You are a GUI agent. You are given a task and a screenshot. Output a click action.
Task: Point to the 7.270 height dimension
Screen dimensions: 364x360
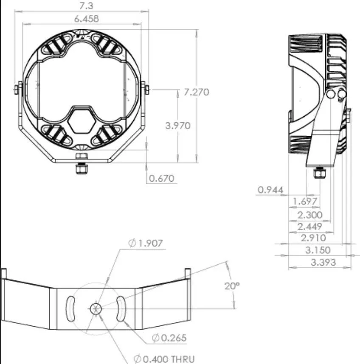click(194, 92)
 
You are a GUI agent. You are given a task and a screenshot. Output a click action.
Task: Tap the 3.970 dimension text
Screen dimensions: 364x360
click(178, 126)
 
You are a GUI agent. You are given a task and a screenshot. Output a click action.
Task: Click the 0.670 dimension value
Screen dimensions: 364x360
click(162, 179)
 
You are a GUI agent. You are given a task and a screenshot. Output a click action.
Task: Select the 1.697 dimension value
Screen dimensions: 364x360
click(305, 201)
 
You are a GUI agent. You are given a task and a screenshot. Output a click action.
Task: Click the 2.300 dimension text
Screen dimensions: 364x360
click(310, 215)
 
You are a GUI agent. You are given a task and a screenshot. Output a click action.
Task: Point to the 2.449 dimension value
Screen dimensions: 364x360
click(310, 226)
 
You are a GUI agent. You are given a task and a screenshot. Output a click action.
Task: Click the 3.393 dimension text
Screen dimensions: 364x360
click(323, 262)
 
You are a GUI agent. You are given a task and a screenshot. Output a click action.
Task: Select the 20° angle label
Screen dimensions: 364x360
click(232, 286)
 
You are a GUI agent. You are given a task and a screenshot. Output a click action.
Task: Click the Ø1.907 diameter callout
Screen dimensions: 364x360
click(146, 243)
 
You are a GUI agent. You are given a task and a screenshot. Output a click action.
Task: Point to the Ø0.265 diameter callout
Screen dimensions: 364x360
click(169, 338)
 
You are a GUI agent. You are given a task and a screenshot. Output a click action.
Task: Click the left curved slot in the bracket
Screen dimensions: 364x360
click(70, 308)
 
